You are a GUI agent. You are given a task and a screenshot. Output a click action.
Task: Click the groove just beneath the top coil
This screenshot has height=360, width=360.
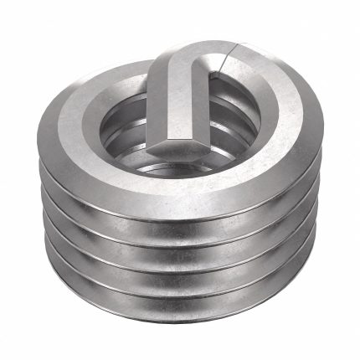[180, 213]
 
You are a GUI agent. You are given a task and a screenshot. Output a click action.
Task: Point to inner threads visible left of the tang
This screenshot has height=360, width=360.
[126, 138]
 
